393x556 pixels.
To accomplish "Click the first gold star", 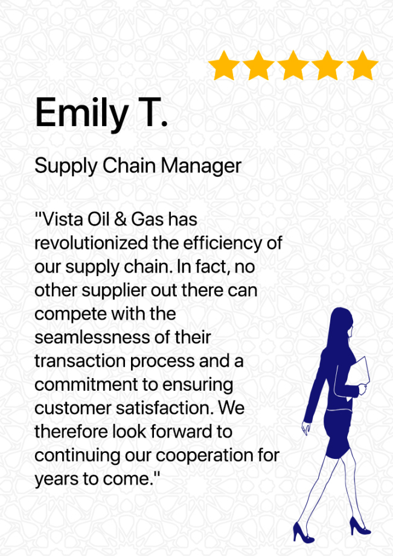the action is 223,66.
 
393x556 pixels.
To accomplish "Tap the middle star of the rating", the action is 293,66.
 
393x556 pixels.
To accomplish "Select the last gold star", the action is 362,66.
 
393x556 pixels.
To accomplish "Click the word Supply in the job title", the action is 66,166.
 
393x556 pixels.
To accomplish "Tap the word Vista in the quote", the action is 63,220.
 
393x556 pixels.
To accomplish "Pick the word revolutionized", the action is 91,243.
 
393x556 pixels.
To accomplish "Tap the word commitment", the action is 85,385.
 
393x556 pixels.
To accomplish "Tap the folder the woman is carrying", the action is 358,376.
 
